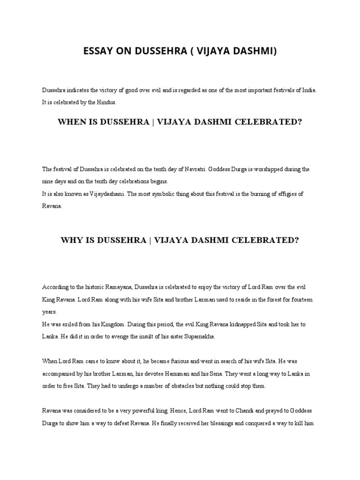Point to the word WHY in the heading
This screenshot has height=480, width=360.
(x=72, y=240)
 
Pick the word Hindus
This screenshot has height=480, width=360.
(x=106, y=101)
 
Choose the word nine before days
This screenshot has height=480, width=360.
(x=48, y=181)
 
